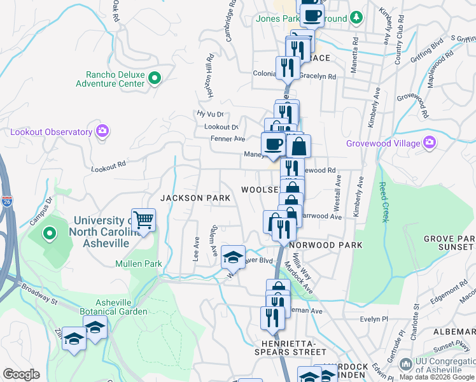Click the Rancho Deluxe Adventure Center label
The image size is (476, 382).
[x=110, y=79]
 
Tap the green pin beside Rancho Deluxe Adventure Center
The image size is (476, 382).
[x=154, y=79]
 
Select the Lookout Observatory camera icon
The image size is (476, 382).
[x=102, y=132]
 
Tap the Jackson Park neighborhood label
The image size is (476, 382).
[x=195, y=198]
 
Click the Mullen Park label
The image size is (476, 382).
[x=139, y=264]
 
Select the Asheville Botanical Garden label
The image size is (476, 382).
[x=113, y=307]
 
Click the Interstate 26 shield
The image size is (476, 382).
[x=6, y=200]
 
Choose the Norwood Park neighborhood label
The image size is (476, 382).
[x=326, y=245]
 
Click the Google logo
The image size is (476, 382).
[x=21, y=374]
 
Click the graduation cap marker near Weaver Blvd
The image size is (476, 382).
[x=233, y=257]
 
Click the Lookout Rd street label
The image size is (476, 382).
[x=109, y=166]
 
